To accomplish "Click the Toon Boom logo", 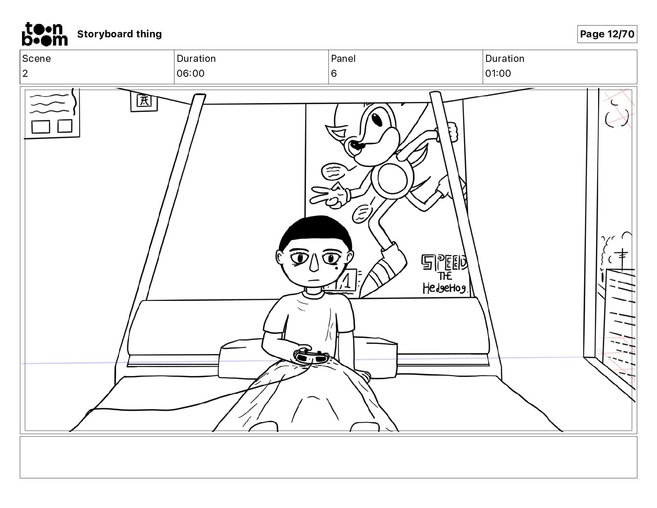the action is [x=44, y=34].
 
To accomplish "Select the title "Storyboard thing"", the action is [x=119, y=34].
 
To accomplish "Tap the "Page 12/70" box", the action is [x=607, y=34].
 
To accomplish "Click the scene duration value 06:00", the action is [x=190, y=73].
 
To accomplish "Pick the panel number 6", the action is [x=334, y=73].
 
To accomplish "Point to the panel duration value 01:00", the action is [x=498, y=73].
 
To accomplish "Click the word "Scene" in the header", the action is [x=36, y=59].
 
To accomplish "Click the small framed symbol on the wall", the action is [x=144, y=101].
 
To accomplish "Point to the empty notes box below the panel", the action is [x=328, y=457].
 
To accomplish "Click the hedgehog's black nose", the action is [x=355, y=145].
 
